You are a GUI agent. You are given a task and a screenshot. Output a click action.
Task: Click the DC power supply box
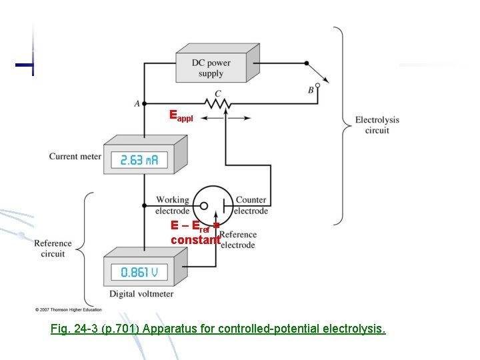211,67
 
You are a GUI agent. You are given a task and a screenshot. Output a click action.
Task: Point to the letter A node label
137,103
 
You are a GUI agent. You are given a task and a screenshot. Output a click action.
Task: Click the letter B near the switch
311,91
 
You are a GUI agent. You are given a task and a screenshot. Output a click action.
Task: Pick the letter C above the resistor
218,94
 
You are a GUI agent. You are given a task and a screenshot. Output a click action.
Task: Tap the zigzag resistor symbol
217,104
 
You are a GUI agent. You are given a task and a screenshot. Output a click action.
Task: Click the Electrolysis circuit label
377,125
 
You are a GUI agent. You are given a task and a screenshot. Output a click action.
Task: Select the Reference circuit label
53,249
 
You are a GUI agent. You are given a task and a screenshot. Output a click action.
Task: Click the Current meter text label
75,157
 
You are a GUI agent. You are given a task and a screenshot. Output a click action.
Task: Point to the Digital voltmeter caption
141,294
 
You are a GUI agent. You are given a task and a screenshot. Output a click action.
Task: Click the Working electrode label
172,205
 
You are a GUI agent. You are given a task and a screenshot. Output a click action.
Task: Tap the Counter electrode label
251,205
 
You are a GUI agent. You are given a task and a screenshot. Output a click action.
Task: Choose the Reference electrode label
238,240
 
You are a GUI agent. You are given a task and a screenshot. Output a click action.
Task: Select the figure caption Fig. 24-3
218,329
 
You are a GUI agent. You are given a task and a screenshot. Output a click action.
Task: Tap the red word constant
195,239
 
